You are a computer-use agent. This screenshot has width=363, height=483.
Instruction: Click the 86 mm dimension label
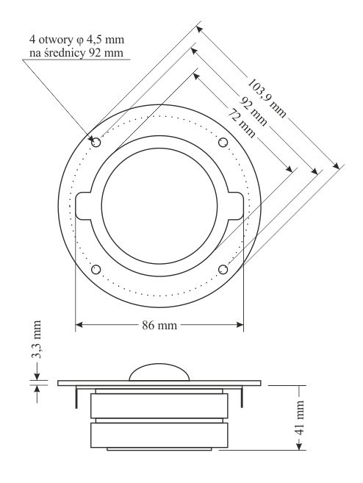pos(159,325)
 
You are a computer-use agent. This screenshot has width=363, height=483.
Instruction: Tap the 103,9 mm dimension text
pos(267,98)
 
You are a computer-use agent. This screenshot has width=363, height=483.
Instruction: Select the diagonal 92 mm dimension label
pos(253,111)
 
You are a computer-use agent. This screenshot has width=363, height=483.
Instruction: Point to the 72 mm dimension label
pos(241,123)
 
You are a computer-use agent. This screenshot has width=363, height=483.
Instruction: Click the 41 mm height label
pos(300,418)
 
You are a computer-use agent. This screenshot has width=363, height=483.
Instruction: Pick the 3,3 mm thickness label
pos(36,339)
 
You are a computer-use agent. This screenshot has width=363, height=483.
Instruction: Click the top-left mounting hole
pos(96,143)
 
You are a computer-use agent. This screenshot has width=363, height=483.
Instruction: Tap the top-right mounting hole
pos(223,143)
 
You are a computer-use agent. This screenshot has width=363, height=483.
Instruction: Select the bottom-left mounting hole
pos(96,269)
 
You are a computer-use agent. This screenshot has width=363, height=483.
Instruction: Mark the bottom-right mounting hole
pos(223,270)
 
